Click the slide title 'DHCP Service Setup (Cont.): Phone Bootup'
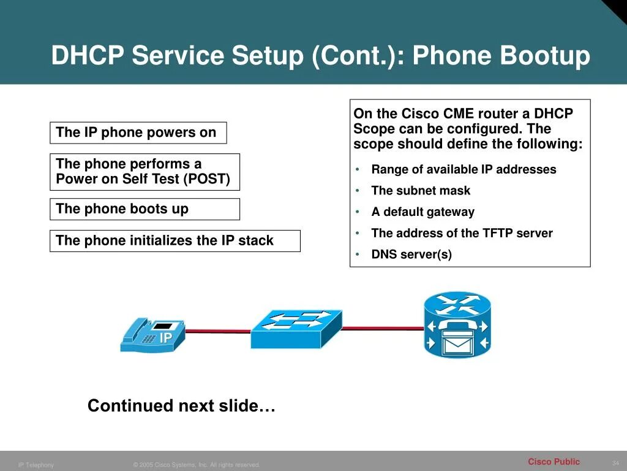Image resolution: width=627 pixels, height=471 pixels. (x=320, y=56)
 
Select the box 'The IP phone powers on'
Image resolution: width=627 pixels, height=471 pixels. (x=138, y=132)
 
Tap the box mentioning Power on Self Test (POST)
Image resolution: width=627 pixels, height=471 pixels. (x=144, y=172)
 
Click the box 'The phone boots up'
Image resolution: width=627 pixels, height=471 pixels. (x=144, y=209)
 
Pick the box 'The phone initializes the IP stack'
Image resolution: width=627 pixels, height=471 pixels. (x=175, y=241)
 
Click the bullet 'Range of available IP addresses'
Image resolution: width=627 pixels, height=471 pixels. (x=464, y=170)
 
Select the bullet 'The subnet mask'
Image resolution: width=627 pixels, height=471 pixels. (x=421, y=191)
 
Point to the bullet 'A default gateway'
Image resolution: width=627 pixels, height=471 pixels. (x=422, y=212)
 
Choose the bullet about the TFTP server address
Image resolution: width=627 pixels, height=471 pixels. (x=462, y=234)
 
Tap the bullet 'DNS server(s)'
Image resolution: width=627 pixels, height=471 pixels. (x=411, y=255)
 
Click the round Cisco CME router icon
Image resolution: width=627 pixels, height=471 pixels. (x=457, y=325)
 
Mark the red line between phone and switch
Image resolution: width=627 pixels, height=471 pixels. (x=218, y=331)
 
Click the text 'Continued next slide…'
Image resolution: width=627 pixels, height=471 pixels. (x=181, y=406)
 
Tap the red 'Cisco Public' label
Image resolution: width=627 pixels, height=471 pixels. (x=554, y=462)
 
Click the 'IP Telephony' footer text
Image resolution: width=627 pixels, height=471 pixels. (x=36, y=465)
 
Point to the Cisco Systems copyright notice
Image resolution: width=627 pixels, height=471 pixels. (x=197, y=465)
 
